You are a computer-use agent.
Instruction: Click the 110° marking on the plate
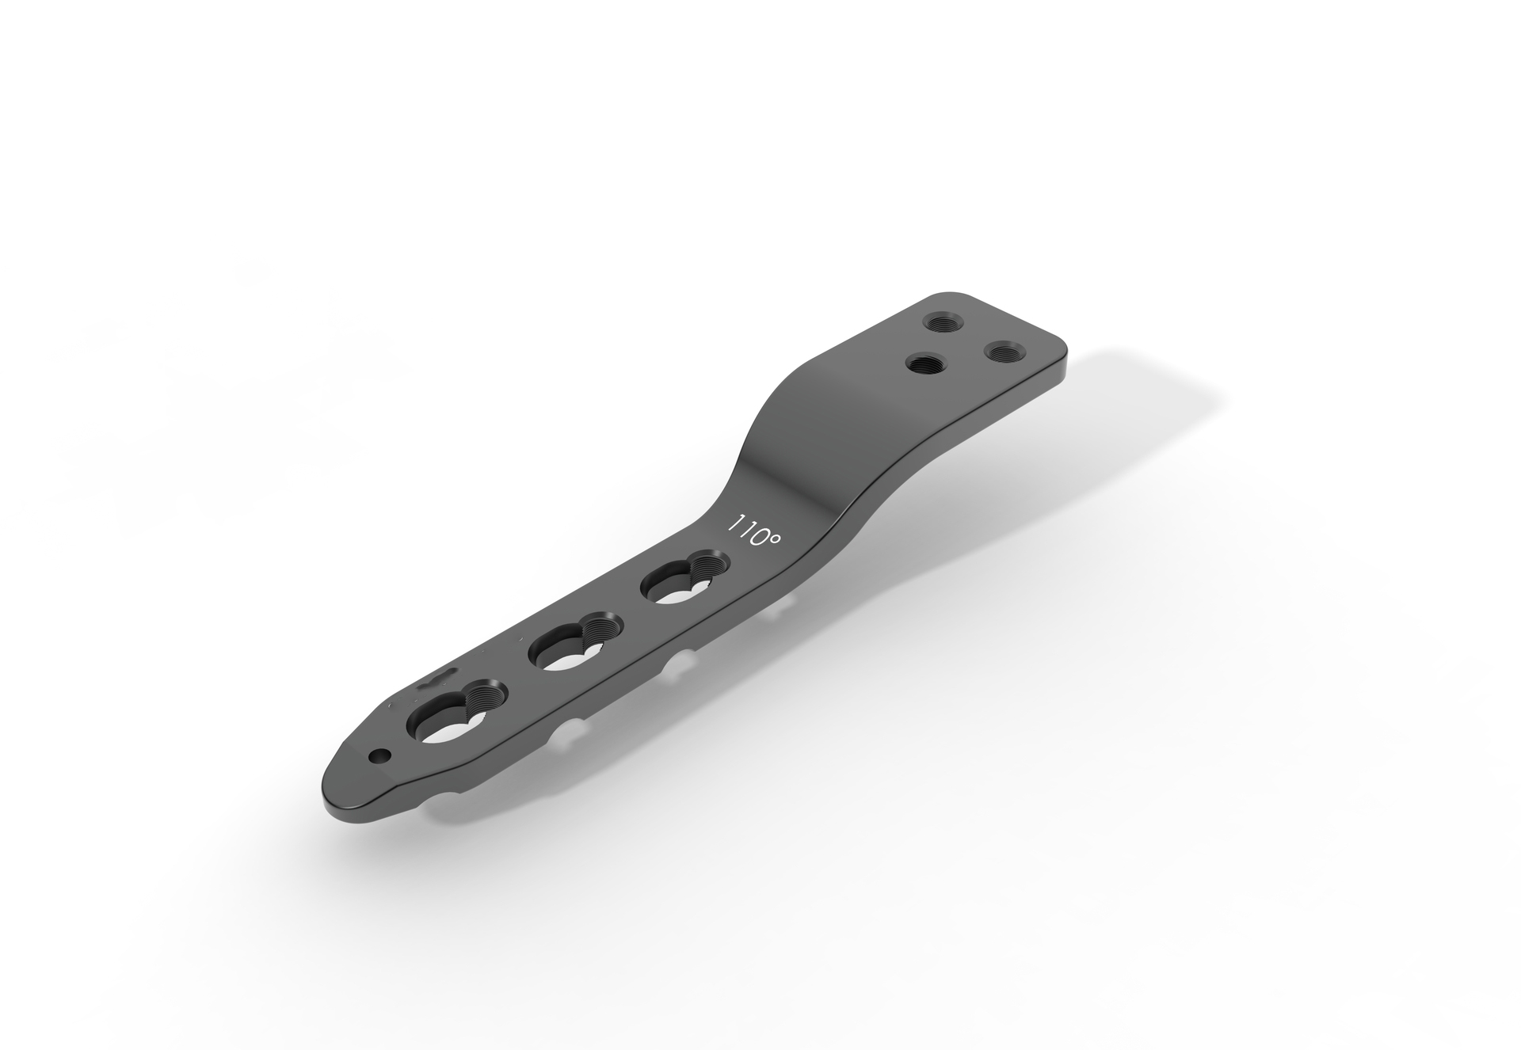[x=754, y=531]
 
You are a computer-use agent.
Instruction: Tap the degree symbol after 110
[x=774, y=538]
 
